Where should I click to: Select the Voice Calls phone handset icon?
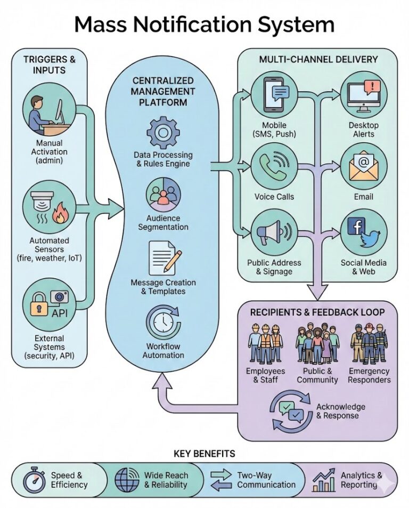(x=274, y=165)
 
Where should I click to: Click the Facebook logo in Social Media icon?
(x=355, y=227)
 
